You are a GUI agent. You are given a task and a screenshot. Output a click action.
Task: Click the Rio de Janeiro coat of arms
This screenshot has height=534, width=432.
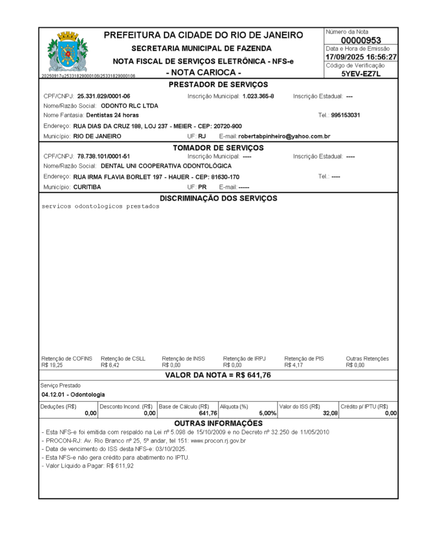(68, 52)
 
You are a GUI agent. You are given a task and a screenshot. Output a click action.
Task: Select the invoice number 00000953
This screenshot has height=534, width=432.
(361, 40)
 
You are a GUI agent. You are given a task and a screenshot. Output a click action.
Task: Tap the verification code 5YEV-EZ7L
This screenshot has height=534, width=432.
(361, 74)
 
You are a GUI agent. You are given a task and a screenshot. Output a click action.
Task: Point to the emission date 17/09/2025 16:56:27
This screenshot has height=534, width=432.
(361, 57)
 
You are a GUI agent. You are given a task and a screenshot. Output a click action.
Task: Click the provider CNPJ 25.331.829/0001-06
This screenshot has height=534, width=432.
(103, 96)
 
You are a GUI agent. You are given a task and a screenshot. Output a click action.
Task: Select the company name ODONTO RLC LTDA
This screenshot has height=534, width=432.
(129, 106)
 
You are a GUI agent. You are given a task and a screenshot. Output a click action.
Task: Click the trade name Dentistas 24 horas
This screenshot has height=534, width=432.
(112, 115)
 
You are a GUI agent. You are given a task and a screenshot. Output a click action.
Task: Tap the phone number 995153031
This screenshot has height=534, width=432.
(345, 115)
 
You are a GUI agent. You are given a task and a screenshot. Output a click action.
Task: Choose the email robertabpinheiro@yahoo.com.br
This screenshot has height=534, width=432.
(284, 136)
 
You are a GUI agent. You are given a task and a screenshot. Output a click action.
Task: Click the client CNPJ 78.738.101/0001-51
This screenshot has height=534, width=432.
(103, 156)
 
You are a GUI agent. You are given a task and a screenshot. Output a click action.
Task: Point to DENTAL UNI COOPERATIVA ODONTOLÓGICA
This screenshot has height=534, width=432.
(166, 166)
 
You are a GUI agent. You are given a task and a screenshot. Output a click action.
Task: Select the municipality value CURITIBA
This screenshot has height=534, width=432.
(87, 187)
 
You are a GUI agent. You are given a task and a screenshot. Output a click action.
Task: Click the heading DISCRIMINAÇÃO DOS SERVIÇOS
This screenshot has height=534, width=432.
(218, 198)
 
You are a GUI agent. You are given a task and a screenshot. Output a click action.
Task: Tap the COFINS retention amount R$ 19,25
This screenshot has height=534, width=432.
(52, 365)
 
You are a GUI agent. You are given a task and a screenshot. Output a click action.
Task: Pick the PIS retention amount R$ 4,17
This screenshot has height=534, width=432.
(293, 365)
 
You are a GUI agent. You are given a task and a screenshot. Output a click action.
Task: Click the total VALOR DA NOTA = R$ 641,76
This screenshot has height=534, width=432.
(218, 375)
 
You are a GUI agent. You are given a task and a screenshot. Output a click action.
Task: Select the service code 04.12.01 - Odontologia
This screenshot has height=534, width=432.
(73, 395)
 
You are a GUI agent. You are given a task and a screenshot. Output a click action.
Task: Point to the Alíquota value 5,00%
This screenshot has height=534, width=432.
(268, 413)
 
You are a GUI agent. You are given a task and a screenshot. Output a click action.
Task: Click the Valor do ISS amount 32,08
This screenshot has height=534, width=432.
(330, 413)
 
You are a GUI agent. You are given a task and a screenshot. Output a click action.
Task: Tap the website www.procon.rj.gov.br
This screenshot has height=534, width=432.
(218, 441)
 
